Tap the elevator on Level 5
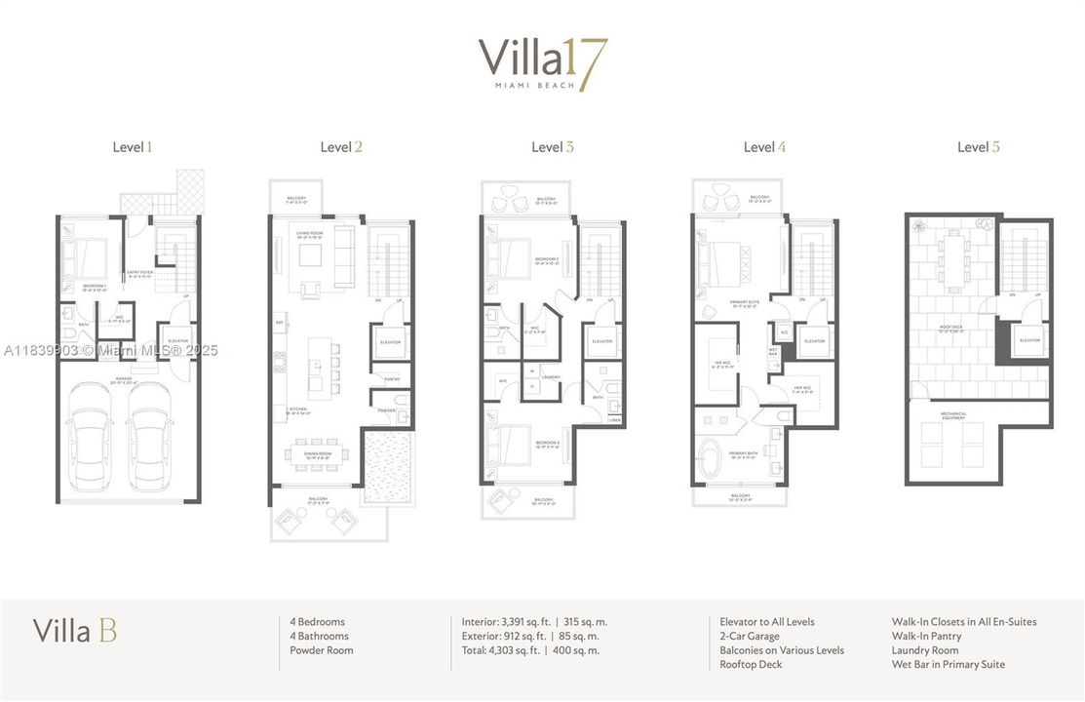pyautogui.click(x=1029, y=341)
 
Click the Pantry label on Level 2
pyautogui.click(x=392, y=379)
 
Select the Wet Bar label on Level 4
pyautogui.click(x=773, y=351)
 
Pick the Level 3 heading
pyautogui.click(x=553, y=147)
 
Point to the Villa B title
pyautogui.click(x=75, y=631)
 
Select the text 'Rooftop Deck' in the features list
pyautogui.click(x=751, y=664)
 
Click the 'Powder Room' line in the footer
pyautogui.click(x=322, y=650)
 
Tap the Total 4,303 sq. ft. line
pyautogui.click(x=530, y=650)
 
